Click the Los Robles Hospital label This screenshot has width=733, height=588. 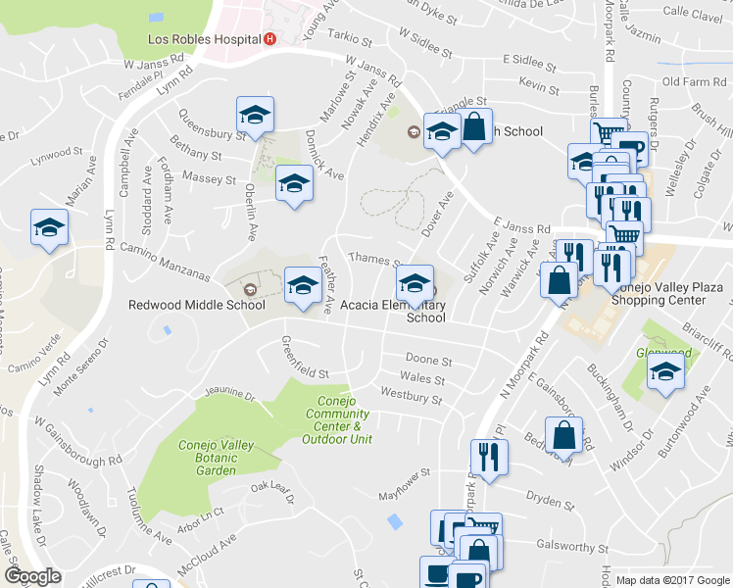(203, 40)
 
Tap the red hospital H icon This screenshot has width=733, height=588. (270, 40)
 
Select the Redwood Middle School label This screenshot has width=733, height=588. (184, 304)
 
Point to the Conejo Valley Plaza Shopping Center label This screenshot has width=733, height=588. (666, 294)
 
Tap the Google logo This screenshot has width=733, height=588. (32, 576)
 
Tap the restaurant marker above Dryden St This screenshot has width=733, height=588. (487, 456)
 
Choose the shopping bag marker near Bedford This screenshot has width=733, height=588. (563, 434)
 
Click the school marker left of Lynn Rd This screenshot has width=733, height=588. (48, 228)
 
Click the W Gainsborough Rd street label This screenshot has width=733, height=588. (77, 438)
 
